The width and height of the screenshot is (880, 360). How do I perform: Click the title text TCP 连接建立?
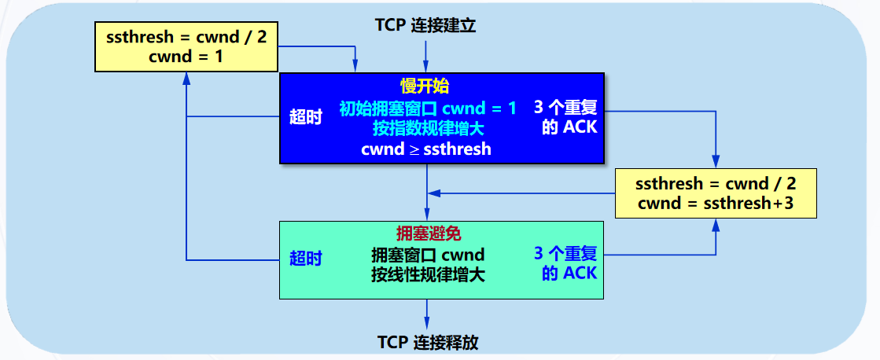[426, 25]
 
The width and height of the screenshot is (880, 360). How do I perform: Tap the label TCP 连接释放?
[428, 343]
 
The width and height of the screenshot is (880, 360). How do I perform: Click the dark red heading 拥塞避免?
[428, 233]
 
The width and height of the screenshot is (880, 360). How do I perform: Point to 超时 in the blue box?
[306, 118]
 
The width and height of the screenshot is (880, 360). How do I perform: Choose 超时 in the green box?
[306, 259]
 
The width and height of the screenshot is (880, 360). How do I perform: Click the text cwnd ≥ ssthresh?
[425, 149]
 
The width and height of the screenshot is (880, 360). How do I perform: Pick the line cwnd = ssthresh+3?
[716, 204]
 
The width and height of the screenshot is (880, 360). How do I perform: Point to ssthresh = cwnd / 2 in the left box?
[186, 37]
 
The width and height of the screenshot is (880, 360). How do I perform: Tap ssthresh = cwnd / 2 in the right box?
[716, 184]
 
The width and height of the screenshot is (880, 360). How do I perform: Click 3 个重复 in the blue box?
[566, 107]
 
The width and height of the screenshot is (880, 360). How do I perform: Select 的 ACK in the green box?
[569, 274]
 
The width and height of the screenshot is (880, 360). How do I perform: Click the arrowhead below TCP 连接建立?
[426, 68]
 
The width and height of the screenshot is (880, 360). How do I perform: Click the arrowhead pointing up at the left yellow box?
[186, 78]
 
